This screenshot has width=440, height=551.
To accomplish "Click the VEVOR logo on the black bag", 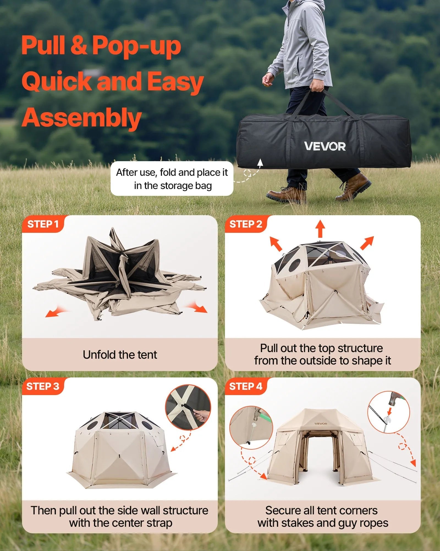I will pyautogui.click(x=325, y=146).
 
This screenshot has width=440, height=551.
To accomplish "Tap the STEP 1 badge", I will pyautogui.click(x=43, y=224).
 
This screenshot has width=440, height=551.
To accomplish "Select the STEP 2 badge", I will pyautogui.click(x=246, y=224).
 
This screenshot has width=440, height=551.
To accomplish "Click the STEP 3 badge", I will pyautogui.click(x=43, y=386).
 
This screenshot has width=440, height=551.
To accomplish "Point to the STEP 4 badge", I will pyautogui.click(x=246, y=386).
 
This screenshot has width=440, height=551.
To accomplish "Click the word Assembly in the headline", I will pyautogui.click(x=81, y=118).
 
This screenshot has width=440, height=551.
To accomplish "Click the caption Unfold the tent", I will pyautogui.click(x=120, y=355).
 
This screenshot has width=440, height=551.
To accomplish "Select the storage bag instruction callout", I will pyautogui.click(x=172, y=179).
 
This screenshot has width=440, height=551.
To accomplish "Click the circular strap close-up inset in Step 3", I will pyautogui.click(x=188, y=407).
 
